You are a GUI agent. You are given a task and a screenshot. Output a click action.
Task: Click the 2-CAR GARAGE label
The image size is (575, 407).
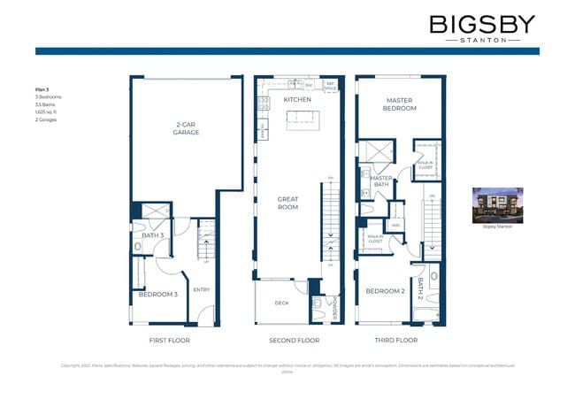coord(186,128)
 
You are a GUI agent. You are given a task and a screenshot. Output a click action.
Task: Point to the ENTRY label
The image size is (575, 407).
coord(202,289)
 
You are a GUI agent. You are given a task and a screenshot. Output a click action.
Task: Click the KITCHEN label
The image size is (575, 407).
coord(297,100)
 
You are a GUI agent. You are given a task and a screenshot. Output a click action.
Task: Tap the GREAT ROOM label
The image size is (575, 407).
coord(287,203)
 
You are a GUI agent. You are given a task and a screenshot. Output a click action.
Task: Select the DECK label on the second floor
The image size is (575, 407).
coord(281,303)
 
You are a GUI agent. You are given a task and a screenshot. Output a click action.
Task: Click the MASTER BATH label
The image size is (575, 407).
coord(381,181)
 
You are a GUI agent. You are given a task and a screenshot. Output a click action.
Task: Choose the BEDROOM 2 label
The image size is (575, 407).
coord(385,290)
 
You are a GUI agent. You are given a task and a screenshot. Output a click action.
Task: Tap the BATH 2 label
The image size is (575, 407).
coord(421,288)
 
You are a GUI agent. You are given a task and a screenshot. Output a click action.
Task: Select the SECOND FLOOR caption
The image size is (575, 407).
coord(294,340)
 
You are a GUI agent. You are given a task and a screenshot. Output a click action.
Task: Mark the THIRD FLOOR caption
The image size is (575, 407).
coord(395,340)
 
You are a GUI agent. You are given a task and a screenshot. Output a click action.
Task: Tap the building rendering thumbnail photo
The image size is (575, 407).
coord(496,204)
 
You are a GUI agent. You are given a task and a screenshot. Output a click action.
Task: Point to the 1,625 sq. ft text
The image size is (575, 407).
coord(46,111)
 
